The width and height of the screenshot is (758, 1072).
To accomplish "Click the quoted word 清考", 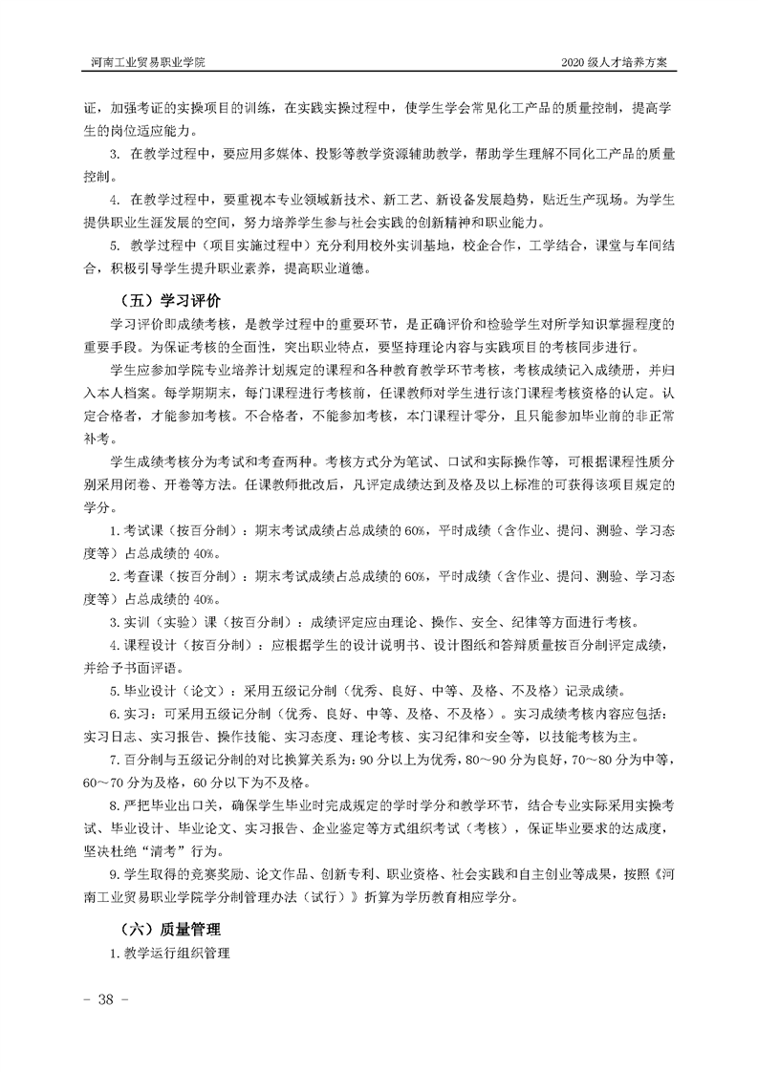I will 193,851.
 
